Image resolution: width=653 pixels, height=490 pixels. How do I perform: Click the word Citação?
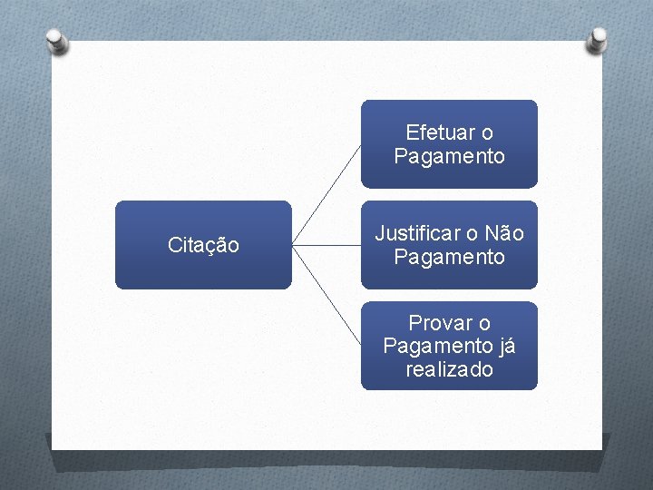click(203, 245)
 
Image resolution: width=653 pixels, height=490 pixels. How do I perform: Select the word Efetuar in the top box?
click(437, 132)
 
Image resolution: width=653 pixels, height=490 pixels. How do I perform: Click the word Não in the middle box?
click(505, 233)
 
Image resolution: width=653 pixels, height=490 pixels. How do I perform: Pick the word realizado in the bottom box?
click(450, 369)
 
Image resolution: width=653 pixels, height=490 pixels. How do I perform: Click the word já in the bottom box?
click(505, 346)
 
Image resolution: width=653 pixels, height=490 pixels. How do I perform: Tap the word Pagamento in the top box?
click(449, 156)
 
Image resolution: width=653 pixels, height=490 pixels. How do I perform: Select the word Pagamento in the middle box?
click(449, 257)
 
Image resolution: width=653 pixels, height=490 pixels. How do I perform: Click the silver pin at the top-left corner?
click(55, 40)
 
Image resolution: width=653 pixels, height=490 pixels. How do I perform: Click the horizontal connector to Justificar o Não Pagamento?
click(326, 245)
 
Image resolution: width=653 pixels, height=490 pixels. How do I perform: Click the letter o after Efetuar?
click(487, 133)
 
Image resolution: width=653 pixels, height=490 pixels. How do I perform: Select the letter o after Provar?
click(484, 323)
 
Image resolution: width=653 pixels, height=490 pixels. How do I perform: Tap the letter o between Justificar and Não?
click(473, 234)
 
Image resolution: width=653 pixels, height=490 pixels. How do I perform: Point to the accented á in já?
click(510, 345)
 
